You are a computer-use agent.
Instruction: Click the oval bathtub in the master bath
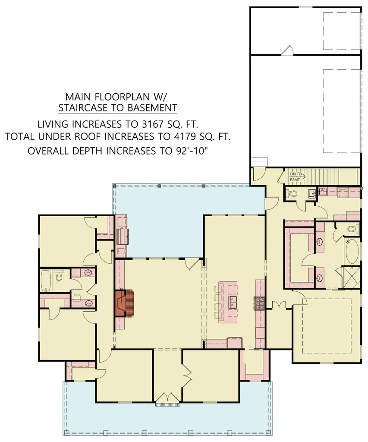[352, 251]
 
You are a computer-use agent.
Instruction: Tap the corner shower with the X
[351, 278]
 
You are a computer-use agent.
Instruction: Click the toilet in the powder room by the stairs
[292, 194]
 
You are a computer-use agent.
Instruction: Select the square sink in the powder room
[312, 194]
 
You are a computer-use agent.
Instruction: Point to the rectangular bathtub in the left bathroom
[46, 281]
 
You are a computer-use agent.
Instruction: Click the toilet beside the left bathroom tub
[59, 275]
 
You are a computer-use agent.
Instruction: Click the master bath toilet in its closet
[353, 229]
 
